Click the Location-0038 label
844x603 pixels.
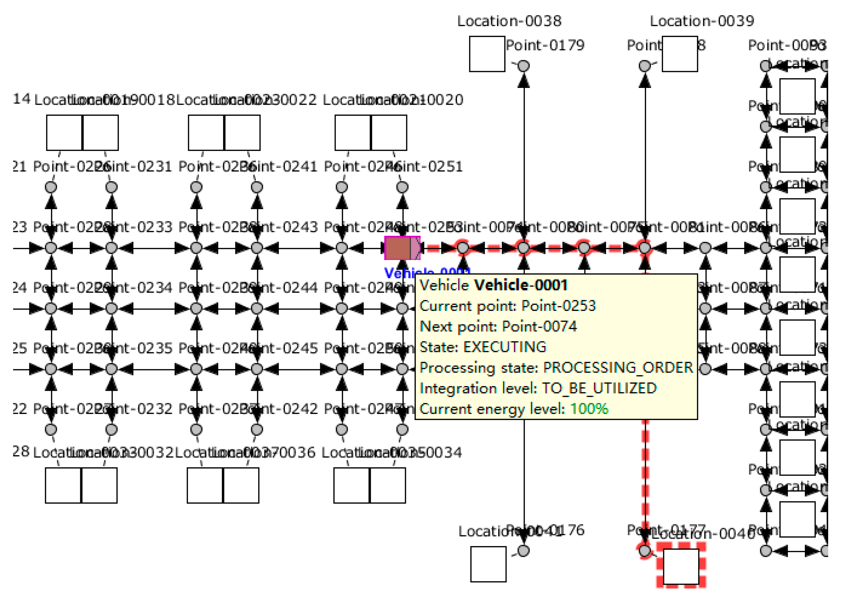pos(509,21)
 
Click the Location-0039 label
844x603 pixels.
pos(702,21)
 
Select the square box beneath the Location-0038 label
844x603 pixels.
pos(487,54)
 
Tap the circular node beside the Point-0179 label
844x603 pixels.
pos(523,66)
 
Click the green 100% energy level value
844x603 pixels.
pos(589,409)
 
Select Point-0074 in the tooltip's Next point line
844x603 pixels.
pos(539,326)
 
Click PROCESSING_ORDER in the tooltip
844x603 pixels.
pos(618,368)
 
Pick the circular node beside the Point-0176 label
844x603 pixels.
pos(523,551)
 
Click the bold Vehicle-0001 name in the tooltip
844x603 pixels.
pos(521,285)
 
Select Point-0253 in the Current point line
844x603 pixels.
pos(558,306)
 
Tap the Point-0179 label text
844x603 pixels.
pos(545,45)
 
